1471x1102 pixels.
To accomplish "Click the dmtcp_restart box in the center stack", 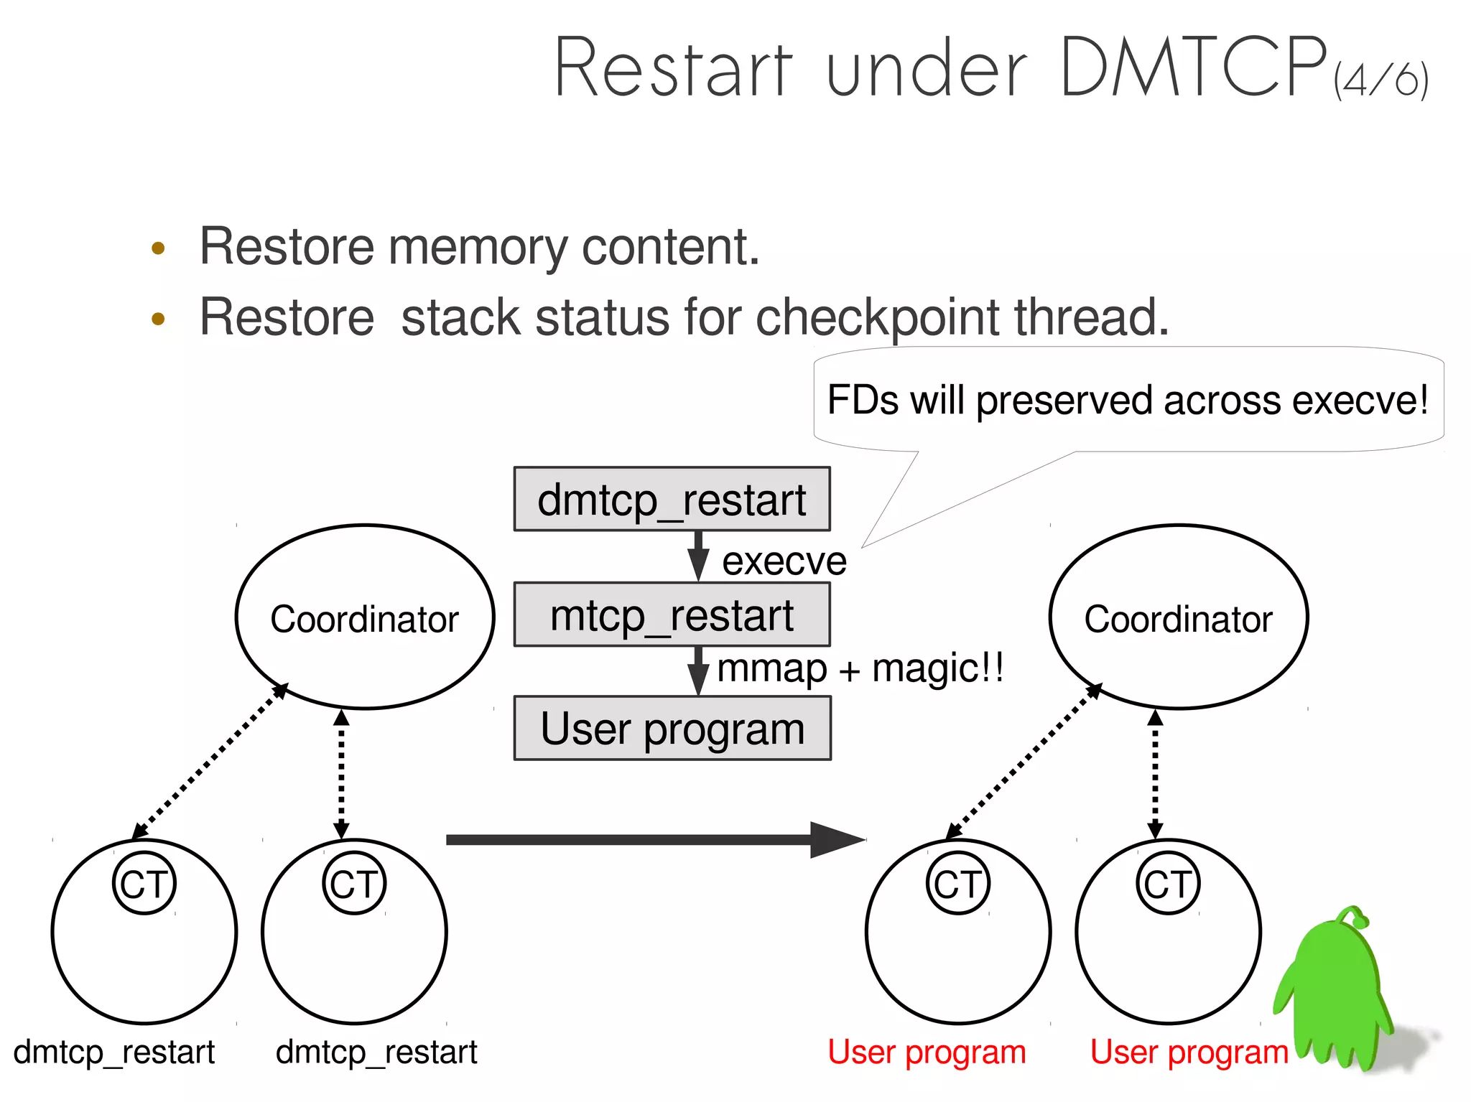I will click(x=672, y=500).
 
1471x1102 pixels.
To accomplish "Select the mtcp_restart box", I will click(x=672, y=615).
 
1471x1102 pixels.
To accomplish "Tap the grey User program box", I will click(x=672, y=729).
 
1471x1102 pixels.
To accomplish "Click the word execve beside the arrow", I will click(x=784, y=561).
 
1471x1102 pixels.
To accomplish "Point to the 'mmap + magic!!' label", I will click(x=860, y=668).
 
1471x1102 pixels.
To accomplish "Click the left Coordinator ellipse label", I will click(x=364, y=619).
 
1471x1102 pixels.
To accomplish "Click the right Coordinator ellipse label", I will click(x=1178, y=619).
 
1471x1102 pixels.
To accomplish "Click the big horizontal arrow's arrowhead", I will click(x=837, y=839).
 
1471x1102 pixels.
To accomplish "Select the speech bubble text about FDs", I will click(x=1127, y=400).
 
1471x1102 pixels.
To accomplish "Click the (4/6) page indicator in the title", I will click(x=1380, y=79).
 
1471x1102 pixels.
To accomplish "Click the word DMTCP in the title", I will click(x=1192, y=68).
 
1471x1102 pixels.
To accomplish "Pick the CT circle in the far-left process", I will click(x=144, y=884).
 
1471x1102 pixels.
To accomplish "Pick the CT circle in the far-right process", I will click(x=1168, y=884).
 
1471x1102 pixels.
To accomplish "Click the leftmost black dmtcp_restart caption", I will click(x=113, y=1052).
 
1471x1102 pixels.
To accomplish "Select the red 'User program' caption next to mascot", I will click(x=1189, y=1052).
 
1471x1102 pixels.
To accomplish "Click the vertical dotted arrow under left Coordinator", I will click(x=341, y=774).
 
